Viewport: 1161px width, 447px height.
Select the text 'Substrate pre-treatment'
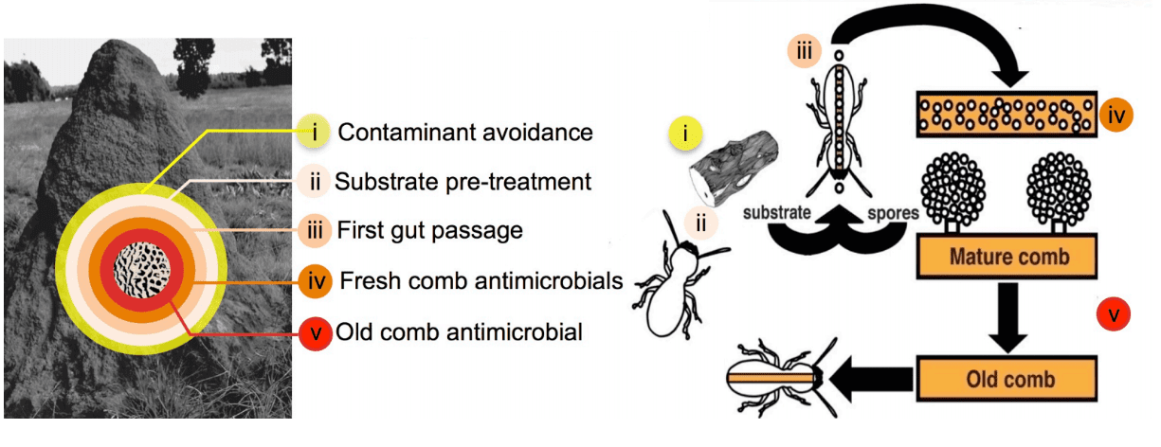point(463,181)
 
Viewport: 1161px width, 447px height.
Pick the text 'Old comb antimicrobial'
point(462,331)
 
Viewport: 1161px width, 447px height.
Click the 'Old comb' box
point(1007,381)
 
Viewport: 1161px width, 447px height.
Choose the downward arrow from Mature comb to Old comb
point(1008,317)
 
